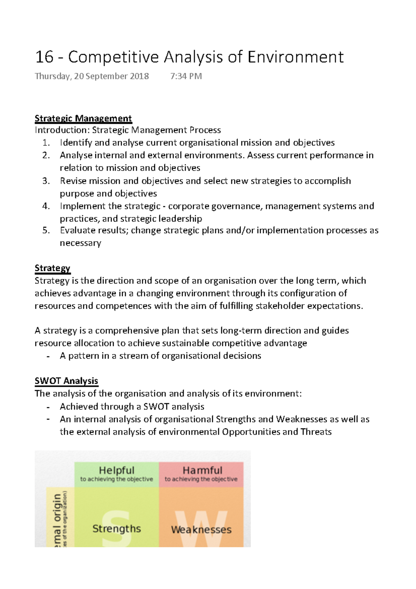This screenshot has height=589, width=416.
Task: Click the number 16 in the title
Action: [x=44, y=57]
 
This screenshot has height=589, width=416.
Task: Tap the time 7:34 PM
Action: [x=186, y=76]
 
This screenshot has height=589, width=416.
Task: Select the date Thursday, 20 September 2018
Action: [x=92, y=76]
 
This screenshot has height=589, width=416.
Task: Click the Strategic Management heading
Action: [x=83, y=119]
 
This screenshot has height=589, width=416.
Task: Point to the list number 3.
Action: [x=46, y=181]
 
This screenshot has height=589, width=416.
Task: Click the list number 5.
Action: [x=46, y=231]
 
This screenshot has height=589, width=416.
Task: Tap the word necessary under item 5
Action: [x=80, y=243]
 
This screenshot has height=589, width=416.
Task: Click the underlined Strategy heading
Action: [x=52, y=268]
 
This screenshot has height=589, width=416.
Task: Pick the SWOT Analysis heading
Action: [x=66, y=381]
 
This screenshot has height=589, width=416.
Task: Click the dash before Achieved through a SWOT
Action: [x=48, y=407]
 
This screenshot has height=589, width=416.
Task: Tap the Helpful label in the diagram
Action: [x=116, y=470]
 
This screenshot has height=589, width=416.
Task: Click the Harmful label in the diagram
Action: [x=202, y=470]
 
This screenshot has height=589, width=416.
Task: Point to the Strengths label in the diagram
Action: [x=116, y=529]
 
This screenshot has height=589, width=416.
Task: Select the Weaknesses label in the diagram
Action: [x=201, y=530]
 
